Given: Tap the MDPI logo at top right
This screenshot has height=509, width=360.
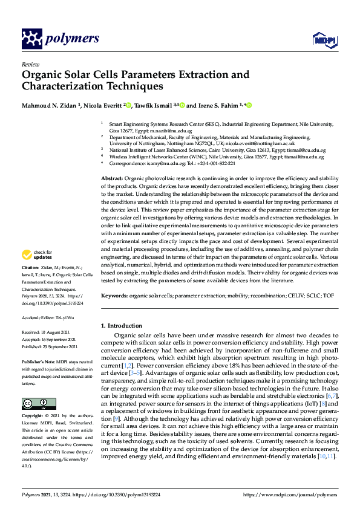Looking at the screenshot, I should click(x=323, y=39).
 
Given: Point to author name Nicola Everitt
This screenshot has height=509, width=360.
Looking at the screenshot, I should click(x=100, y=105).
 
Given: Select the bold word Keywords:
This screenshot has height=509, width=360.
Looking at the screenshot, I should click(x=114, y=296).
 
